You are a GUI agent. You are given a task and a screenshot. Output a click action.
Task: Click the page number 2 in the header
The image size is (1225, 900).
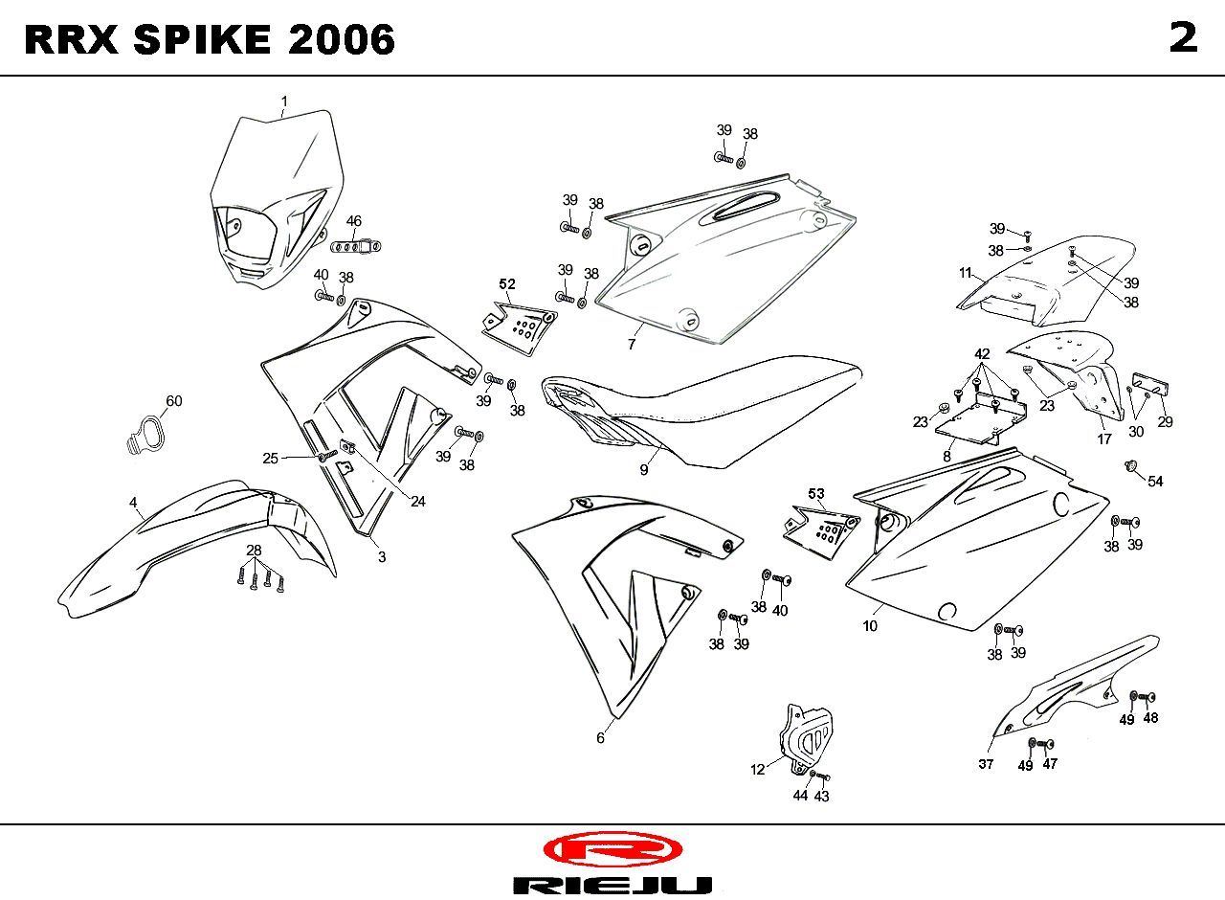pos(1184,38)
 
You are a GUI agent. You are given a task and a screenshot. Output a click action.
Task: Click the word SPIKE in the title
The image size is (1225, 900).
pos(202,39)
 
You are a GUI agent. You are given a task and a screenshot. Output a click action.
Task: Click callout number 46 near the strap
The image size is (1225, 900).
pos(354,221)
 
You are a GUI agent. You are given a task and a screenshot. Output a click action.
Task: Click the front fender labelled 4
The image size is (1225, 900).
pos(197,547)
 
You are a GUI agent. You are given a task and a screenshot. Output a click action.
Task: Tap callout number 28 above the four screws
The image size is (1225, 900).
pos(254,550)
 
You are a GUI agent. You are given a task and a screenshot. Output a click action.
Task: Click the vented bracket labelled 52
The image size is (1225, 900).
pos(520,327)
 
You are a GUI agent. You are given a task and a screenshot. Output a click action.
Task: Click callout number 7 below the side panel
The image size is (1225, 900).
pos(632,344)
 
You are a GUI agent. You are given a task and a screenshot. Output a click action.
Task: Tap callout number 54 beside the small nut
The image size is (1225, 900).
pos(1155,482)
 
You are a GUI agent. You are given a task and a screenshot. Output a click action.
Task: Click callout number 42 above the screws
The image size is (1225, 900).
pos(982,354)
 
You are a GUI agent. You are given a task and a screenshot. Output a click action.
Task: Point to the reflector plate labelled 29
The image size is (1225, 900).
pos(1151,386)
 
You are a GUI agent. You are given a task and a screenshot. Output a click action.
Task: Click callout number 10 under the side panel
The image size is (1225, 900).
pos(870,626)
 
